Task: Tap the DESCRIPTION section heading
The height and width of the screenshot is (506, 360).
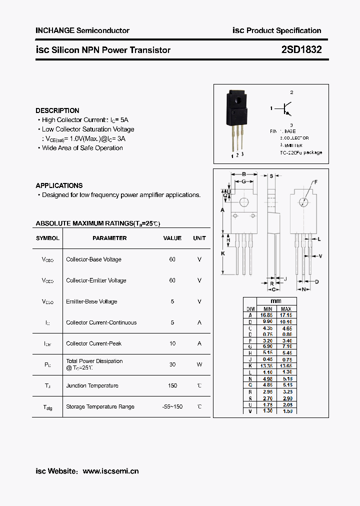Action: tap(57, 110)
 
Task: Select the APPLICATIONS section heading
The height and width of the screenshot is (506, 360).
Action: tap(59, 185)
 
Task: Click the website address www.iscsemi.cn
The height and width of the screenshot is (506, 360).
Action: tap(110, 471)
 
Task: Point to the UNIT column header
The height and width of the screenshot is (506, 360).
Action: tap(199, 238)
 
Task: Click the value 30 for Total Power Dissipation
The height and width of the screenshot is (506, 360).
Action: tap(172, 364)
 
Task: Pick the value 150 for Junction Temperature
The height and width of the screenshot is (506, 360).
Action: tap(172, 385)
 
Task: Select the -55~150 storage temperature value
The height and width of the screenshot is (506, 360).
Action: tap(172, 406)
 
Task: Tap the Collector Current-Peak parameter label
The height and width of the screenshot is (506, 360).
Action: tap(94, 343)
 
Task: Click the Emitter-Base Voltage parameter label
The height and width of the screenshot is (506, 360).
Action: tap(91, 301)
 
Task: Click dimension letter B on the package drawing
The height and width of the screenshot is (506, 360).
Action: tap(243, 174)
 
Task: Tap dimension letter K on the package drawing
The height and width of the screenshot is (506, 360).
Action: tap(223, 254)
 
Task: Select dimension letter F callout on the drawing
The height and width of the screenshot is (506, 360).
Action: tap(315, 182)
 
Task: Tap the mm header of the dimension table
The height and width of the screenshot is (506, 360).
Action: tap(276, 301)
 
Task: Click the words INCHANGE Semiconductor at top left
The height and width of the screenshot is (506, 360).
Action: tap(82, 30)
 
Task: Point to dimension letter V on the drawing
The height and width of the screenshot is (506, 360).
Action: tap(320, 256)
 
